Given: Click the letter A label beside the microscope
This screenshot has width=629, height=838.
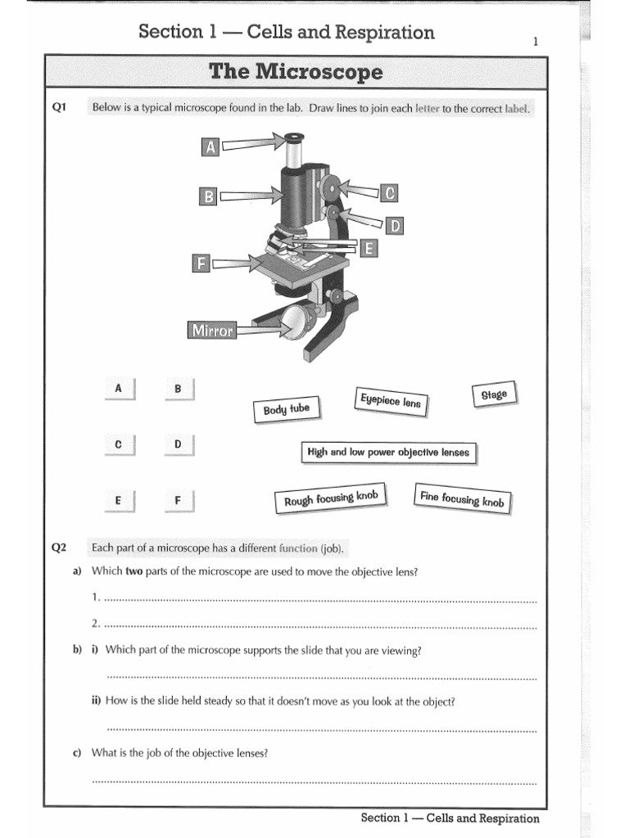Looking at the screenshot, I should click(210, 146).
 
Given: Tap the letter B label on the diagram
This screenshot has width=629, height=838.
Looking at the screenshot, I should click(209, 196).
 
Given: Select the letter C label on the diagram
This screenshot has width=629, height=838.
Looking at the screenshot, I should click(390, 192).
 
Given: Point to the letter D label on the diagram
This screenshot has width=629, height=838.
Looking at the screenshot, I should click(394, 225).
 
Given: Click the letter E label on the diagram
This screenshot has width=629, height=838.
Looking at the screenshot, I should click(369, 248).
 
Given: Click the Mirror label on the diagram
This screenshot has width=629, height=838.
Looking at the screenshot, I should click(212, 331).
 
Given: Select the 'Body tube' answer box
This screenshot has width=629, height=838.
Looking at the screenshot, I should click(287, 409).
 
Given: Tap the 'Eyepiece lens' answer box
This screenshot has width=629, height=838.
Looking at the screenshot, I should click(390, 401).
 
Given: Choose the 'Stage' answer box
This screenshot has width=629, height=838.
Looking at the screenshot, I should click(494, 394).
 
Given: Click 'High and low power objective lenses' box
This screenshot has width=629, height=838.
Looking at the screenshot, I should click(388, 452).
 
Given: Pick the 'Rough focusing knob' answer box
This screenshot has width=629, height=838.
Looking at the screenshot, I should click(330, 498).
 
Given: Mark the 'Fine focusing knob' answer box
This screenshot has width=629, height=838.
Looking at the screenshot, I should click(461, 498).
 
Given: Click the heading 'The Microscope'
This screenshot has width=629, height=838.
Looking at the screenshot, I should click(296, 72).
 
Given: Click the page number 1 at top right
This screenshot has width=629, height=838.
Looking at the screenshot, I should click(536, 41).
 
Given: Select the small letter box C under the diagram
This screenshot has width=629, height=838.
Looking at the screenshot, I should click(119, 444).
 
